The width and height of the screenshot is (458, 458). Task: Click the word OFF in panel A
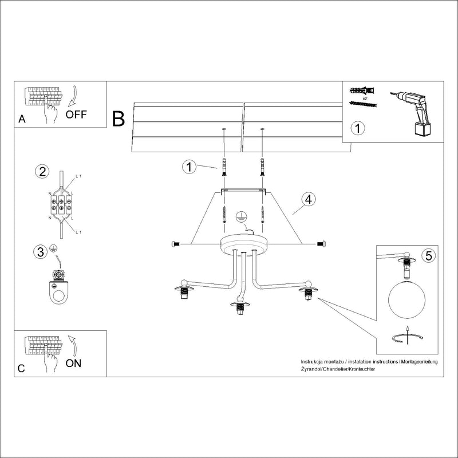[x=76, y=113]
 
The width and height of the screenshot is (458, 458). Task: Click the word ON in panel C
[x=74, y=363]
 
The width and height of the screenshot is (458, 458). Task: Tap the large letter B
[x=119, y=119]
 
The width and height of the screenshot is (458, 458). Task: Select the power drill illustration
[x=413, y=112]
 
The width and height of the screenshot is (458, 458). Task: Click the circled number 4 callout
[x=308, y=199]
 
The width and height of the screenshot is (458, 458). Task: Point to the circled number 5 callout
[x=427, y=256]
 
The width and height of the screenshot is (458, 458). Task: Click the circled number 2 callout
[x=41, y=171]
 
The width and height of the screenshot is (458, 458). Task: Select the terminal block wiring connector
[x=61, y=204]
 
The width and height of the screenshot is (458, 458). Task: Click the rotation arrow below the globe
[x=407, y=338]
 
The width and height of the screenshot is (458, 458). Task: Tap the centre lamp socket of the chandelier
[x=240, y=309]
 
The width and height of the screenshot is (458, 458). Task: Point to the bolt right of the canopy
[x=321, y=244]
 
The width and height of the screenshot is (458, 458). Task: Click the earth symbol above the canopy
[x=242, y=218]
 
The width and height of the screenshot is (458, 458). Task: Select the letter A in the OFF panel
[x=22, y=119]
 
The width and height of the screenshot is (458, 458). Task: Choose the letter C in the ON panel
[x=21, y=369]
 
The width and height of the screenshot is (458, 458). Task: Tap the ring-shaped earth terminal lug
[x=57, y=289]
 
